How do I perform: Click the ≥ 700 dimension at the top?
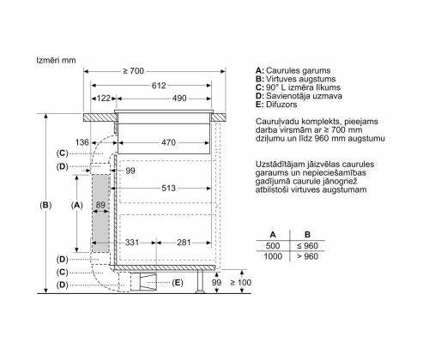click(134, 71)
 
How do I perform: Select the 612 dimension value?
click(159, 86)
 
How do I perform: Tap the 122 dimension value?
click(104, 99)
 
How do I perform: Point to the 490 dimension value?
click(179, 99)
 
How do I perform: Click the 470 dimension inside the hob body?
click(168, 142)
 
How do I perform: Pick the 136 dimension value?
click(82, 142)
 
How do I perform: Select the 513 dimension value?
click(168, 188)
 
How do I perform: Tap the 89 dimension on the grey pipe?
click(100, 205)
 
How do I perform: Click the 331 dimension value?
click(132, 243)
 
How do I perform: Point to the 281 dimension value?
click(184, 243)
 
